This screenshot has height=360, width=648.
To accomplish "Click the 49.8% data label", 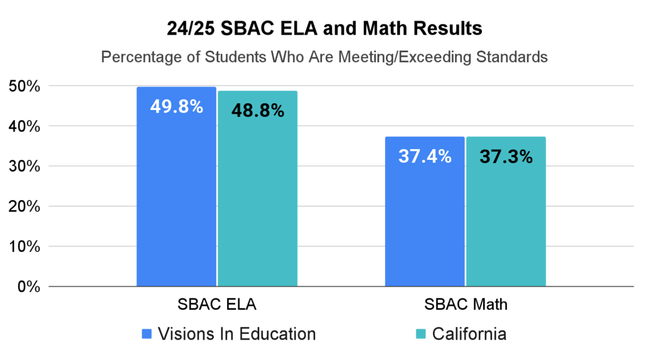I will click(176, 107).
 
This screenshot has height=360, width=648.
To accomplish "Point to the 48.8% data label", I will click(257, 111).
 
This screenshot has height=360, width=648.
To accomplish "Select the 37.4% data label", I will click(425, 157).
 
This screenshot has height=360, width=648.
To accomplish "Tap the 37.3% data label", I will click(506, 157).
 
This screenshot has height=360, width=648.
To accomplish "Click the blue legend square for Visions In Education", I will click(147, 334).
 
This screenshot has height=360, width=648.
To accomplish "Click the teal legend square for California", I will click(421, 334).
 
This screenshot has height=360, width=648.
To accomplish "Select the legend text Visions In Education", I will click(237, 334).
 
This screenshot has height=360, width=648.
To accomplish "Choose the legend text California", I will click(469, 334).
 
